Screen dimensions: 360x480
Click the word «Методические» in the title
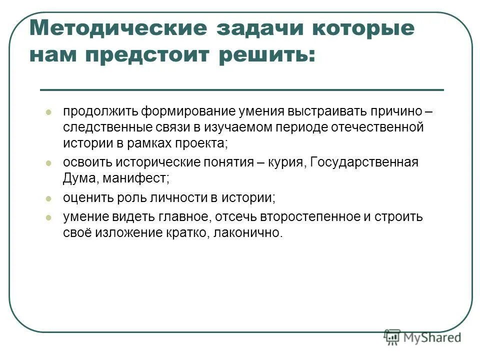coord(118,28)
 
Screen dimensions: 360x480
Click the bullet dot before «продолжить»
coord(48,112)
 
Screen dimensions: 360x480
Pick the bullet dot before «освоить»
coord(48,163)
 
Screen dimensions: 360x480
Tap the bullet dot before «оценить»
coord(48,198)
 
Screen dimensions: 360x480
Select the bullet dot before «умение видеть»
coord(48,217)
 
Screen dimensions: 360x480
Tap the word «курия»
coord(285,162)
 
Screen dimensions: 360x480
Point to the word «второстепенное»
coord(305,217)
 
